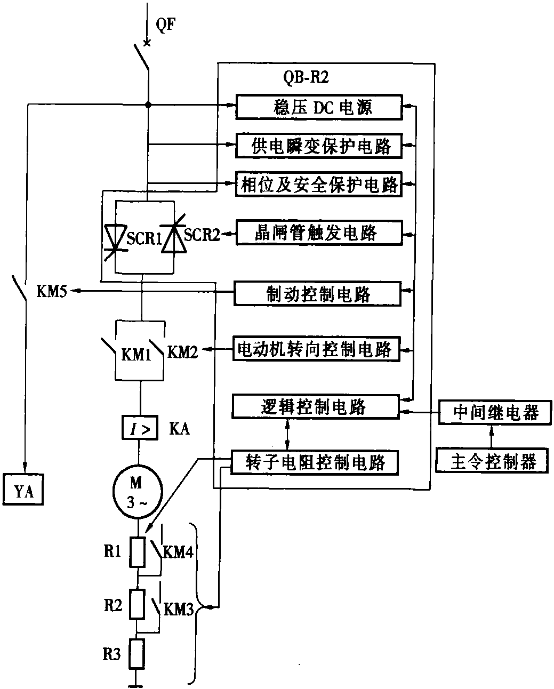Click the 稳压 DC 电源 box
pos(319,107)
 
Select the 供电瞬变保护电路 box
pos(319,145)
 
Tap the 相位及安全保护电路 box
pos(319,185)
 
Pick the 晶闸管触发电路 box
pos(319,233)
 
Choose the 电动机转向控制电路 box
pos(316,349)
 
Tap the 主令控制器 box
pos(493,461)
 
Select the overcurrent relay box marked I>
pos(139,428)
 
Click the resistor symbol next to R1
pos(139,552)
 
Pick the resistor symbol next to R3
pos(139,654)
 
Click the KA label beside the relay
pos(179,429)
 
